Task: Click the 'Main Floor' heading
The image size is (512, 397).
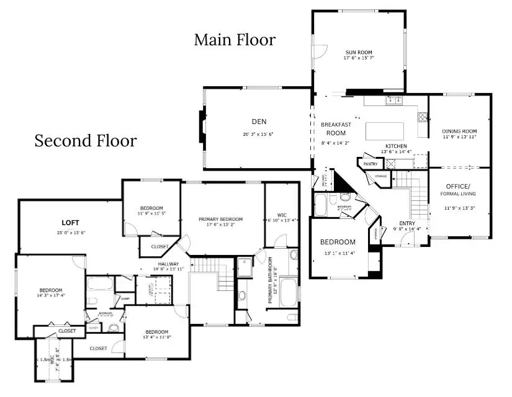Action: tap(235, 40)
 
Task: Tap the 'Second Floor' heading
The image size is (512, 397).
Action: tap(85, 141)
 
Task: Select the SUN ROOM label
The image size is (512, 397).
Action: tap(359, 52)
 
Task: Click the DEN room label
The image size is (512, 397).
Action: tap(258, 121)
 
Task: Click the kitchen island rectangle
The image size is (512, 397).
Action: tap(385, 131)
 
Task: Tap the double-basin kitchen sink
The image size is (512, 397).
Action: tap(393, 100)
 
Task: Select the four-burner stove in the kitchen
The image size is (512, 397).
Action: tap(423, 116)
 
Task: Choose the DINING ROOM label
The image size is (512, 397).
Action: tap(459, 131)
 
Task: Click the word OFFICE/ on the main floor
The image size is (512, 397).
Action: tap(459, 187)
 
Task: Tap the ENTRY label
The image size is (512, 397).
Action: tap(407, 223)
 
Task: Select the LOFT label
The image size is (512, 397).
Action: tap(70, 222)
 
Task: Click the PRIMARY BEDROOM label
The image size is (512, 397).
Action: tap(220, 219)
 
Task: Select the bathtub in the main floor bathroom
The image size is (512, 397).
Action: tap(324, 204)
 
